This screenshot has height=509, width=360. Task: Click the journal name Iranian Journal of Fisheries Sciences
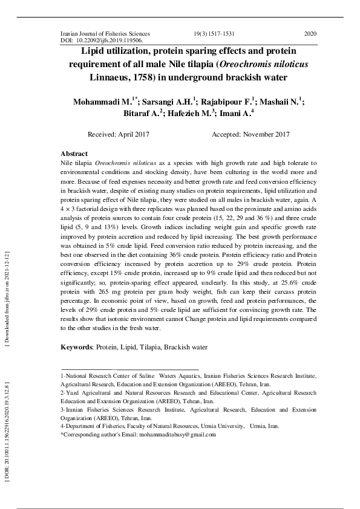pyautogui.click(x=105, y=34)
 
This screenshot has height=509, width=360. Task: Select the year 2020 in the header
pyautogui.click(x=310, y=34)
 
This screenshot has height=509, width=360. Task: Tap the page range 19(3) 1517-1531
pyautogui.click(x=214, y=34)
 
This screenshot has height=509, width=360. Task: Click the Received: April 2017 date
pyautogui.click(x=119, y=135)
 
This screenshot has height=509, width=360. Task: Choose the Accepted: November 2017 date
pyautogui.click(x=250, y=135)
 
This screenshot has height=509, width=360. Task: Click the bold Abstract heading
pyautogui.click(x=74, y=154)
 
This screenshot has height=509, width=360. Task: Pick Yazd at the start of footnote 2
pyautogui.click(x=76, y=392)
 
